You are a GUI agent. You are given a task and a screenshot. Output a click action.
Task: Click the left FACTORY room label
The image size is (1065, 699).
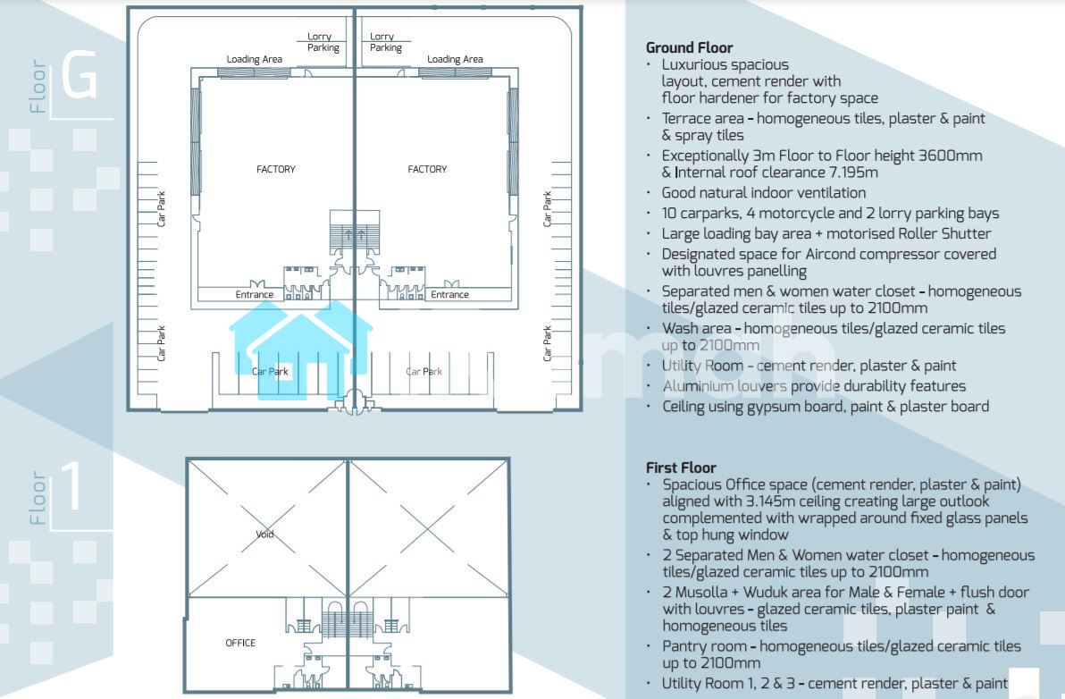coord(276,169)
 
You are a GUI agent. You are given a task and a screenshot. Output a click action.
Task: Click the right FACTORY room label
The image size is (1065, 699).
coord(427,169)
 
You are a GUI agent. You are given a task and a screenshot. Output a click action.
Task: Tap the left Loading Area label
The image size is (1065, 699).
coord(254,59)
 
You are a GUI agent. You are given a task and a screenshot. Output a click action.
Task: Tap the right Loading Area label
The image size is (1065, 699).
coord(455,59)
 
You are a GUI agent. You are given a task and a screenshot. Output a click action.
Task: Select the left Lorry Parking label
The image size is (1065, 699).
coord(323,42)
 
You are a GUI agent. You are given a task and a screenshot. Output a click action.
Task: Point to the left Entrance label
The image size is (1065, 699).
coord(255,294)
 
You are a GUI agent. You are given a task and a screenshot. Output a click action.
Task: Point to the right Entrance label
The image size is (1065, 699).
coord(449,294)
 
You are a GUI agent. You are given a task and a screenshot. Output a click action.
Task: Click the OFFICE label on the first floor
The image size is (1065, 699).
coord(240,643)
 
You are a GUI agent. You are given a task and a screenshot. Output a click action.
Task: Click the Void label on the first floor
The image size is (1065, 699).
coord(264,534)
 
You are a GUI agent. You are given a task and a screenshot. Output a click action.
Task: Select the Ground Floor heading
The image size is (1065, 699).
coord(690,47)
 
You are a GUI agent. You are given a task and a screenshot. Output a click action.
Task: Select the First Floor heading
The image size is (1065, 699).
coord(681,467)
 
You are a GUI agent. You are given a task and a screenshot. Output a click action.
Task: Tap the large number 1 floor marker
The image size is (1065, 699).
coord(72,485)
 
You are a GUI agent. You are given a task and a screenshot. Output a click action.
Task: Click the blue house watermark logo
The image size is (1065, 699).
coord(299,349)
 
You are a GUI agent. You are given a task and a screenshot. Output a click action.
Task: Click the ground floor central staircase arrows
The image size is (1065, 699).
coord(355,235)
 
